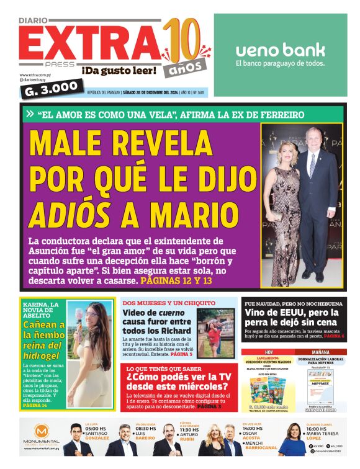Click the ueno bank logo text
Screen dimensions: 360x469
click(281, 50)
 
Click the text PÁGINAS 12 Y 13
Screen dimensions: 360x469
click(176, 280)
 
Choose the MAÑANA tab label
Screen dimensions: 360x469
click(320, 352)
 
